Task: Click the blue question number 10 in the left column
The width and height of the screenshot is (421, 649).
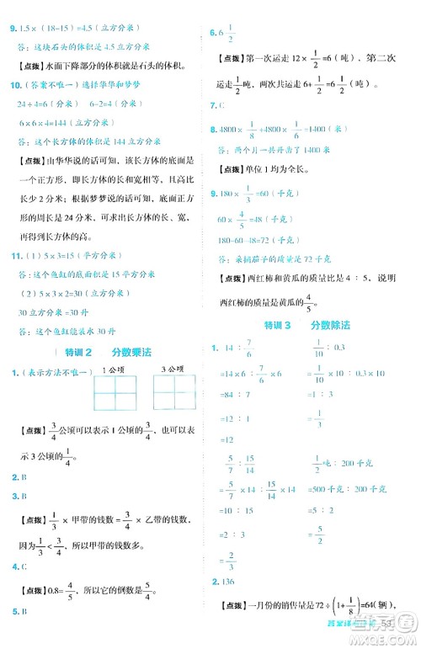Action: [x=14, y=85]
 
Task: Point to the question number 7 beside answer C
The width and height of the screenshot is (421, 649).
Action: [x=213, y=105]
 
